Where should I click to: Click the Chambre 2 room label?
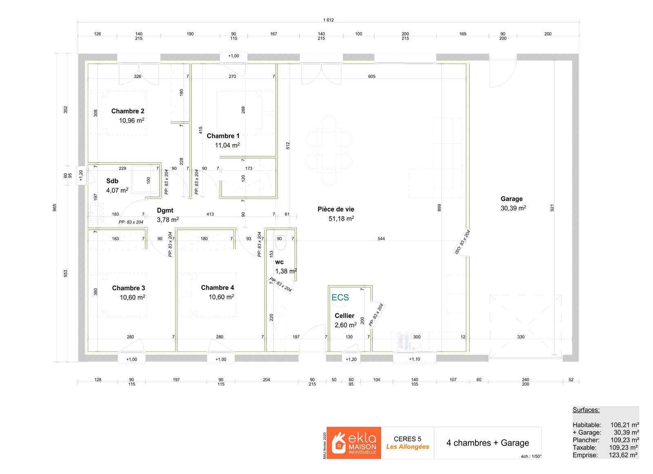pyautogui.click(x=128, y=111)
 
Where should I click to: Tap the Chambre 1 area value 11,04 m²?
pyautogui.click(x=227, y=145)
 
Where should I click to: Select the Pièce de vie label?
pyautogui.click(x=336, y=209)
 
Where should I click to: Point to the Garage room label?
pyautogui.click(x=512, y=199)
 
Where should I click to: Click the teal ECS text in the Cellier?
pyautogui.click(x=340, y=297)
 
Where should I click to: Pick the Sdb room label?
pyautogui.click(x=112, y=181)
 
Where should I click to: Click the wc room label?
pyautogui.click(x=279, y=262)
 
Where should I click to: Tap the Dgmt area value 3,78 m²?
pyautogui.click(x=168, y=220)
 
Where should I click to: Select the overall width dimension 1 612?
pyautogui.click(x=329, y=20)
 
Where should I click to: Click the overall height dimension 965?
pyautogui.click(x=55, y=208)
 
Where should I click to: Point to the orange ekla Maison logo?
pyautogui.click(x=353, y=443)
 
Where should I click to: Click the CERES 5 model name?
pyautogui.click(x=408, y=439)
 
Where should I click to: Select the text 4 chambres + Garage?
pyautogui.click(x=488, y=443)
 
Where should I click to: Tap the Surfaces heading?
pyautogui.click(x=586, y=410)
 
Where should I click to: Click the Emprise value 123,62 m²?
pyautogui.click(x=623, y=455)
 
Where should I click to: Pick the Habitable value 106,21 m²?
pyautogui.click(x=625, y=425)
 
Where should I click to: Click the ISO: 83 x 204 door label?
pyautogui.click(x=463, y=242)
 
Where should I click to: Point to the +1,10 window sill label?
pyautogui.click(x=415, y=359)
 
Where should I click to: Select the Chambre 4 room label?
pyautogui.click(x=218, y=288)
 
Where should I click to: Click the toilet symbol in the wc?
pyautogui.click(x=281, y=241)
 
